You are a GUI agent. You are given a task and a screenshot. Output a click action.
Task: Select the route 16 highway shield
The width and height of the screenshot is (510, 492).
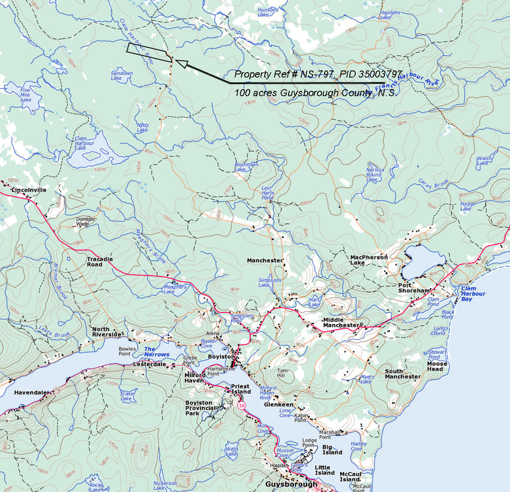(x=241, y=406)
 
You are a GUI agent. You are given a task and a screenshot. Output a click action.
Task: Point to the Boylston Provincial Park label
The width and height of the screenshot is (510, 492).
(x=200, y=408)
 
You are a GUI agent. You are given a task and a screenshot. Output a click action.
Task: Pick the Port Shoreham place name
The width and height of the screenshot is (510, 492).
(x=415, y=287)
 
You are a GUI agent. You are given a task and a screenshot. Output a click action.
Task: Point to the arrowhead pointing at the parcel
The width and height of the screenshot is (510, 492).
(x=181, y=64)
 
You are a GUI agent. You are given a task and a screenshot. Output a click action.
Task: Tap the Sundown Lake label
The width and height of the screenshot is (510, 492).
(x=122, y=76)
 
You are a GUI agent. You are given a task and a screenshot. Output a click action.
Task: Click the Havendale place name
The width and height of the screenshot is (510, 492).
(x=30, y=392)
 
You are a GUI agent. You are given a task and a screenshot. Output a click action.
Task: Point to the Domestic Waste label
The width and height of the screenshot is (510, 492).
(x=86, y=221)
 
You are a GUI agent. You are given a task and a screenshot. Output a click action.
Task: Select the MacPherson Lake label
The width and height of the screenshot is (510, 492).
(x=369, y=260)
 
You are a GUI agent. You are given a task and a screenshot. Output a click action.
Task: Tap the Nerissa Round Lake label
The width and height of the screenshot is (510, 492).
(x=374, y=175)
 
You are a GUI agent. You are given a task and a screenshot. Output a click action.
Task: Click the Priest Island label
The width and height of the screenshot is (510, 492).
(x=241, y=389)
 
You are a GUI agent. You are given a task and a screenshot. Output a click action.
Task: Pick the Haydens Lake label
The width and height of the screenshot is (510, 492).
(x=389, y=14)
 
